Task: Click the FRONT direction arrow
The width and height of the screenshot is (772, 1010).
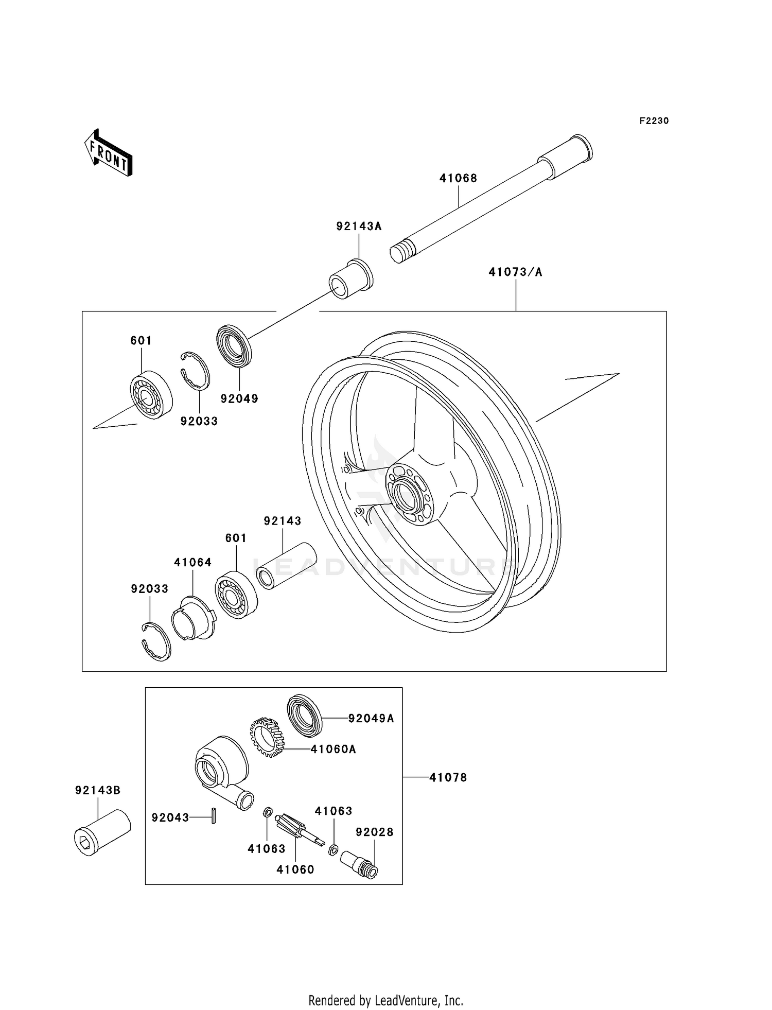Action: (109, 153)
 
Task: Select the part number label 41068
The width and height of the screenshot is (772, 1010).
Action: (458, 178)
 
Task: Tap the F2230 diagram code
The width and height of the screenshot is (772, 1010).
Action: (654, 121)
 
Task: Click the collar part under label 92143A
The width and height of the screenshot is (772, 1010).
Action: (351, 280)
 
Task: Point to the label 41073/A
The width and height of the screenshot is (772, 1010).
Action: (515, 272)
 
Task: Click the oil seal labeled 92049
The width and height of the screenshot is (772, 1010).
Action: (235, 345)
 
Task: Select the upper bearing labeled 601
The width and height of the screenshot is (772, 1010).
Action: (150, 394)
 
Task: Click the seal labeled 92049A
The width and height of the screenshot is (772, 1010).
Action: (304, 712)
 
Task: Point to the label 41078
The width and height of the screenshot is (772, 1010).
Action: (448, 777)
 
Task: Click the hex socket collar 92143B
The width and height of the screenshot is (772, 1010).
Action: (102, 832)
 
